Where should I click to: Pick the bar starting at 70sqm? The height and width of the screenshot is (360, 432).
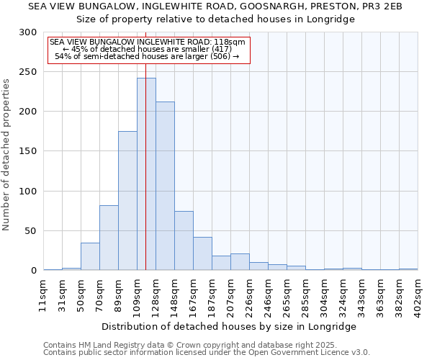(109, 238)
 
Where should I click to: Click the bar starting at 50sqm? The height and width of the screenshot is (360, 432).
(90, 256)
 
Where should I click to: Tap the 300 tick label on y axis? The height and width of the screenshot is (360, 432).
(28, 32)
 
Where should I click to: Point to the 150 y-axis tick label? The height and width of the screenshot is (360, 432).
(28, 151)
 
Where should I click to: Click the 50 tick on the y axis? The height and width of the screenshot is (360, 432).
(31, 231)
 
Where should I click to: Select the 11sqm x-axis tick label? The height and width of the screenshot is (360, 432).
(44, 291)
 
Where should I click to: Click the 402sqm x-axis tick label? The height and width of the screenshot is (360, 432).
(418, 291)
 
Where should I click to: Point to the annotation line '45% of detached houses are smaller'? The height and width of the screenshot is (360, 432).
(148, 49)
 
